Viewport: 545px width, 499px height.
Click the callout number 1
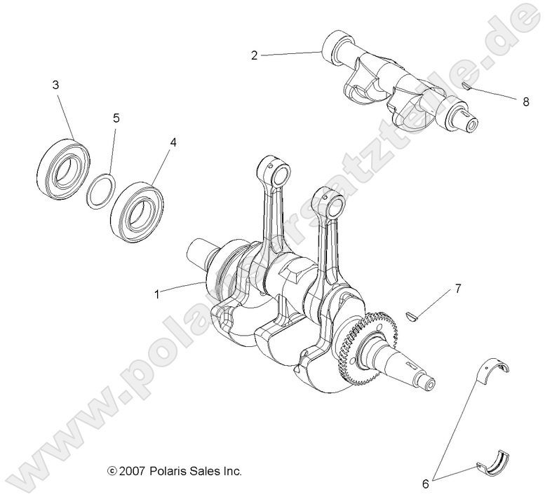pos(157,294)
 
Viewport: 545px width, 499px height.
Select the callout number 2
pos(255,55)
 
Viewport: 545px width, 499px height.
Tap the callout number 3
pos(55,84)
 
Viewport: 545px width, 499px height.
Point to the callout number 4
pos(173,142)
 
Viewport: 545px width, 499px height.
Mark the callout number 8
pos(525,101)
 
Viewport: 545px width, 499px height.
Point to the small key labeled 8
pos(465,86)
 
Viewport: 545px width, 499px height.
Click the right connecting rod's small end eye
pos(334,205)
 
